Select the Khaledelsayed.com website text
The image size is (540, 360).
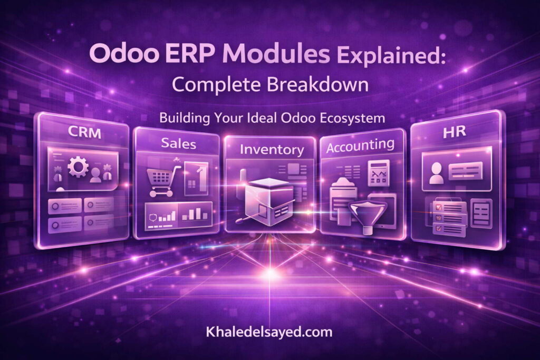(270, 333)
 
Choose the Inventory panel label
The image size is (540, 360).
(272, 149)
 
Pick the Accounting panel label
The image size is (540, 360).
(360, 145)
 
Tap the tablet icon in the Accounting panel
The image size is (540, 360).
(381, 208)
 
